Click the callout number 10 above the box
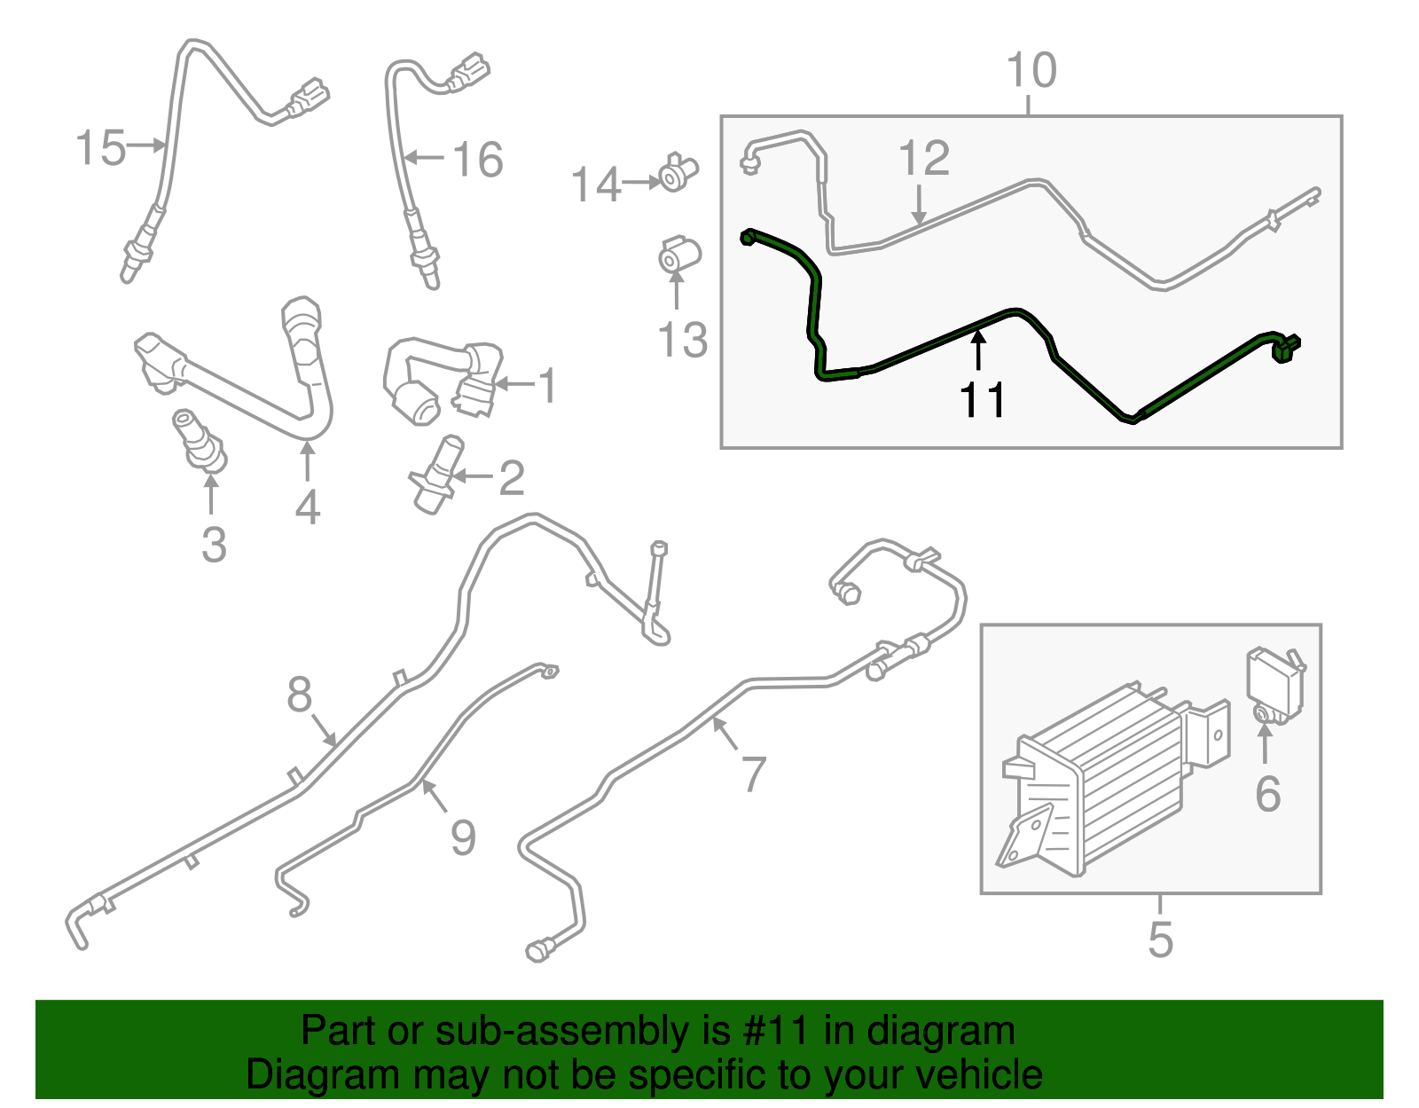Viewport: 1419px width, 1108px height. click(1031, 70)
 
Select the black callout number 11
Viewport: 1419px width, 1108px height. click(982, 399)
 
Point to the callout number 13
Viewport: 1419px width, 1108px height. click(682, 340)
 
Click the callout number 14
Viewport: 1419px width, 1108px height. click(596, 185)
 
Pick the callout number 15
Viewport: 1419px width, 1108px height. click(100, 147)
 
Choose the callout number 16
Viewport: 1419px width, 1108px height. click(478, 160)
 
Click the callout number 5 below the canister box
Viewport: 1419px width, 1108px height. click(1160, 939)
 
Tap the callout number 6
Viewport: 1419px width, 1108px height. click(1267, 794)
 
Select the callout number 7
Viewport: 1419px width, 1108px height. click(754, 774)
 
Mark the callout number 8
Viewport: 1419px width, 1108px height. click(299, 694)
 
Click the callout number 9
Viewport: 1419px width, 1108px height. click(463, 837)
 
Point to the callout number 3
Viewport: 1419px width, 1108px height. click(215, 545)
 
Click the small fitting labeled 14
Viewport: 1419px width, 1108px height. click(678, 172)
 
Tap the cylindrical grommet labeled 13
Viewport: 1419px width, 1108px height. click(679, 255)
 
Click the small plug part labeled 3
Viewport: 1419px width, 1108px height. click(200, 439)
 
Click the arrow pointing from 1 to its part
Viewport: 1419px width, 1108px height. click(514, 384)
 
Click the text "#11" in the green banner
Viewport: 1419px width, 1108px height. click(776, 1030)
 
